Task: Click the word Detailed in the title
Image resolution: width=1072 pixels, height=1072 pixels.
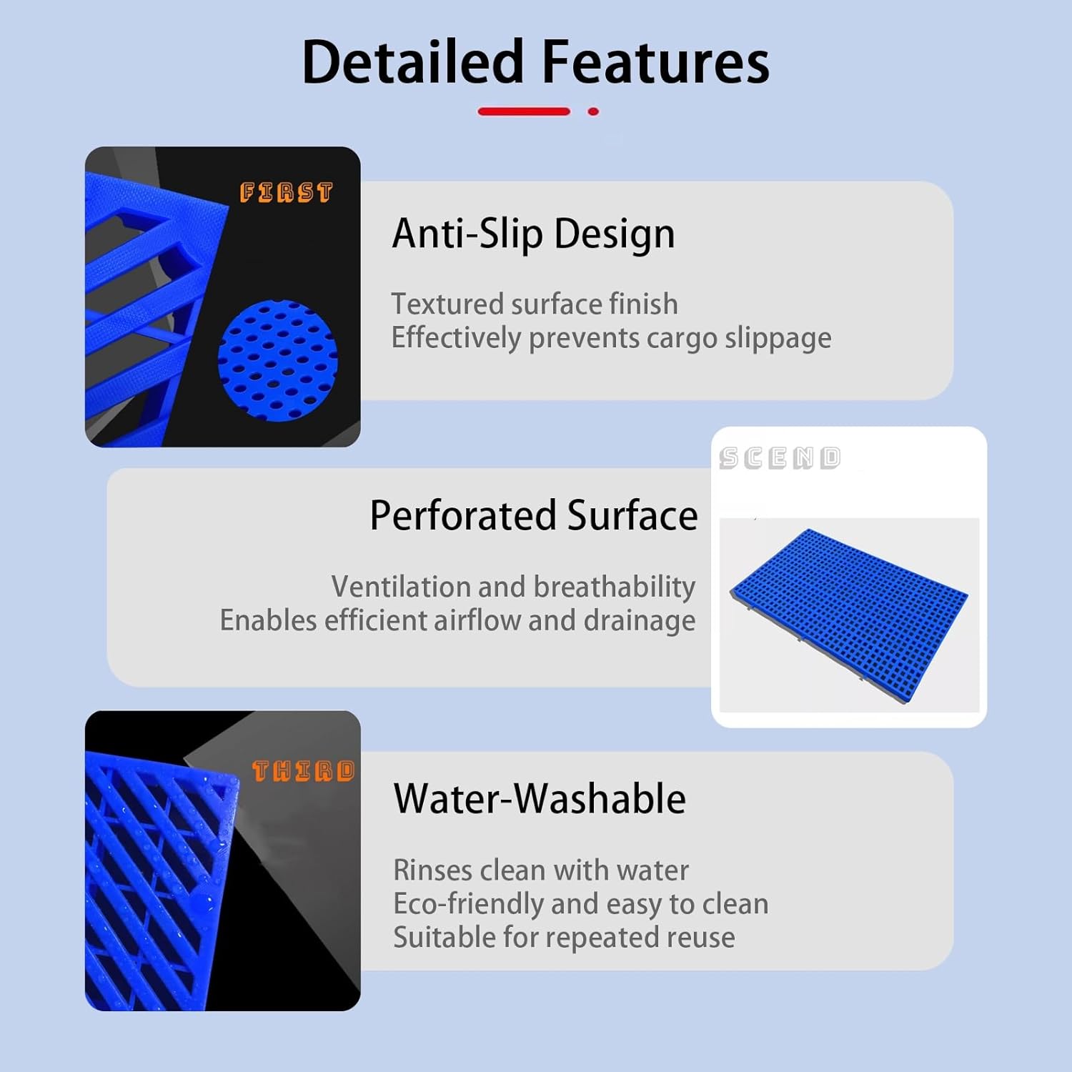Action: tap(413, 62)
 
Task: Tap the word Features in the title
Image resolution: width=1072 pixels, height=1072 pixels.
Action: tap(655, 62)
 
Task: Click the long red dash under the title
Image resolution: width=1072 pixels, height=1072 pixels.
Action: tap(524, 111)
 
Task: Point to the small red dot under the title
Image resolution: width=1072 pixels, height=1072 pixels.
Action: tap(593, 111)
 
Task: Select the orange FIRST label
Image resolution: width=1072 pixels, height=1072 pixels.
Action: tap(286, 192)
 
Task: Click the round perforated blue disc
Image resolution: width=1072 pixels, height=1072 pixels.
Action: tap(277, 361)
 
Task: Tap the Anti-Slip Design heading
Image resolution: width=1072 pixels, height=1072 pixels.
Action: tap(533, 234)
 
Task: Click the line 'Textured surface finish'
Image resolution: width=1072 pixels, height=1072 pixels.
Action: tap(534, 304)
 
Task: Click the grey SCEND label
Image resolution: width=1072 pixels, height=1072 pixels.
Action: tap(780, 458)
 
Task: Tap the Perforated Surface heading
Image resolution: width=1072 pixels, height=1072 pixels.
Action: tap(533, 515)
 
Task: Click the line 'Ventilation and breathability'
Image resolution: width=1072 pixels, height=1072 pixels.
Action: tap(513, 587)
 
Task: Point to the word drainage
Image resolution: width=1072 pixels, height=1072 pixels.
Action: tap(639, 620)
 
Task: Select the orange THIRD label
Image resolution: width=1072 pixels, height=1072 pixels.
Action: tap(303, 770)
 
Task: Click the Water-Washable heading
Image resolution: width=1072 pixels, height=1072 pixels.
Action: tap(540, 798)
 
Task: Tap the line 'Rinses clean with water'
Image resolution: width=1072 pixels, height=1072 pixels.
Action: tap(541, 870)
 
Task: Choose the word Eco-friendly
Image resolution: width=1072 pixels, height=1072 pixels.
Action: tap(468, 904)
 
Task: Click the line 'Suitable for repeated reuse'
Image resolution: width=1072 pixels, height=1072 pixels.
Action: tap(564, 938)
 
